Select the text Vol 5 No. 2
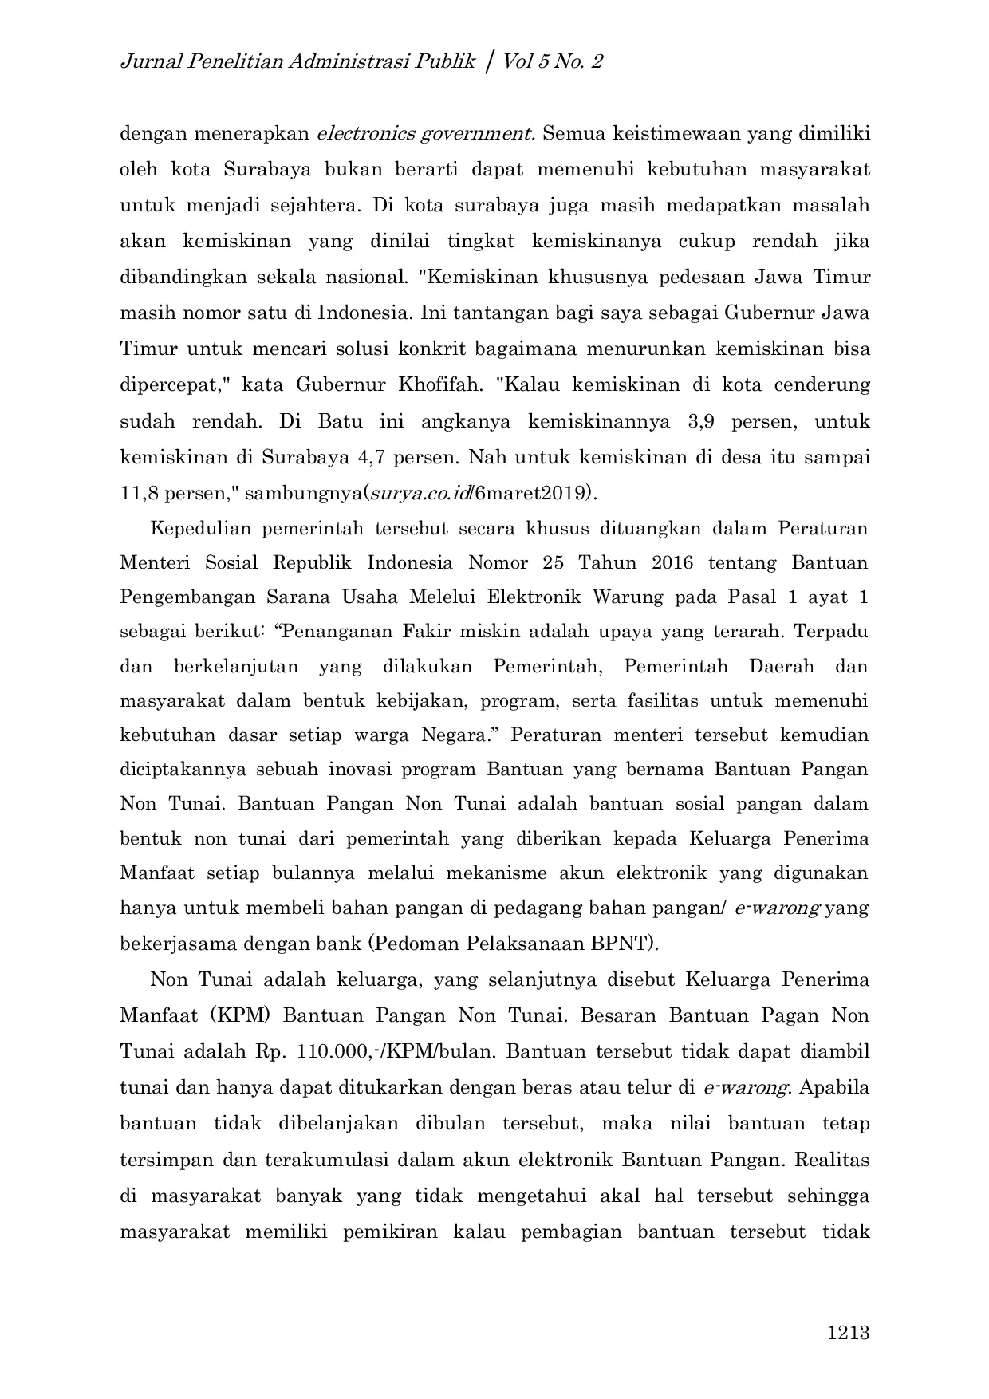point(552,61)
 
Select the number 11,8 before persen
point(136,494)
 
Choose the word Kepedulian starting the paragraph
point(200,528)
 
